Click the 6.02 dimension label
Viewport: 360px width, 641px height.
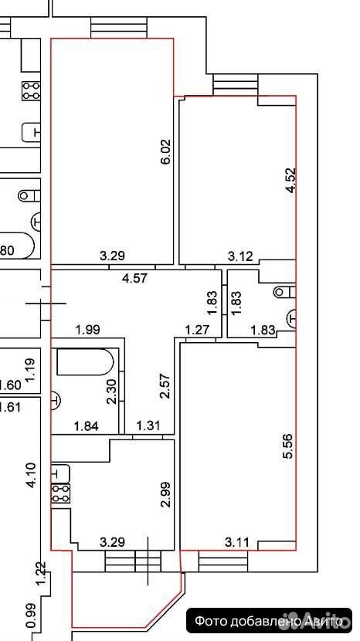coord(165,152)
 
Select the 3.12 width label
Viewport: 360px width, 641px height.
coord(240,256)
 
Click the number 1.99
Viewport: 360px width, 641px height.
coord(87,329)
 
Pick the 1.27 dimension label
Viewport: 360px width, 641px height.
coord(197,329)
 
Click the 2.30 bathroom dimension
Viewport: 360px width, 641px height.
coord(111,392)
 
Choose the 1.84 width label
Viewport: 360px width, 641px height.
coord(87,427)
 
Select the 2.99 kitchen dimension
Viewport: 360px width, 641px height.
coord(165,494)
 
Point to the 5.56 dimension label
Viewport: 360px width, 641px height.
coord(289,446)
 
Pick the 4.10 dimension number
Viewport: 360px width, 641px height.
coord(31,475)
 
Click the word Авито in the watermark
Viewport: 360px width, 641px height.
coord(323,622)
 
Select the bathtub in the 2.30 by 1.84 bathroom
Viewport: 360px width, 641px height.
coord(85,361)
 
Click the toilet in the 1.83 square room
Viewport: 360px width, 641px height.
coord(285,292)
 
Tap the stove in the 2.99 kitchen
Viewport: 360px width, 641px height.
coord(60,493)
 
